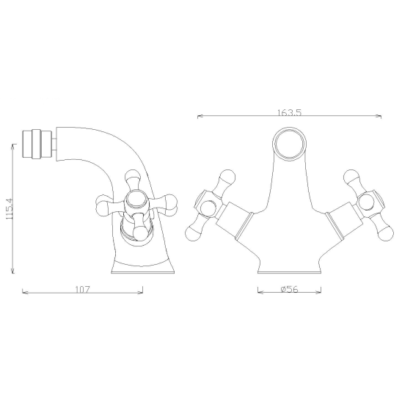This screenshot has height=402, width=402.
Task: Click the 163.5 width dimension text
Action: pyautogui.click(x=290, y=112)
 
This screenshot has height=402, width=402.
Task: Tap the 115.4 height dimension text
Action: pyautogui.click(x=10, y=208)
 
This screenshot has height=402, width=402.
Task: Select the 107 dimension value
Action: pyautogui.click(x=83, y=290)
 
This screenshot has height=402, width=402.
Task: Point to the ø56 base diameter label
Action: pyautogui.click(x=290, y=290)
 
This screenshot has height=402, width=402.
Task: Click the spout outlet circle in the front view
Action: pyautogui.click(x=290, y=144)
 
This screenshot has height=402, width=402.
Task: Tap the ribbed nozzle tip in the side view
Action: pyautogui.click(x=37, y=144)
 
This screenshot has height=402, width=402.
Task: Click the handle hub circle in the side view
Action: pyautogui.click(x=137, y=200)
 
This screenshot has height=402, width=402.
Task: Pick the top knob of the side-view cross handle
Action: pyautogui.click(x=134, y=176)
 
